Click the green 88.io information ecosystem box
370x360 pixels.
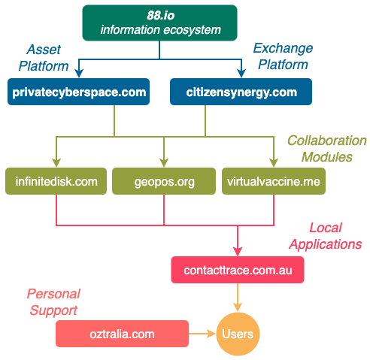(159, 23)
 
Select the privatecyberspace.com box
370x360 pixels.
(79, 92)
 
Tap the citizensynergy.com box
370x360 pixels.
(241, 92)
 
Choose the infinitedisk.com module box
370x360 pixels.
(56, 181)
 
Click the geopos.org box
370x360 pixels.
(164, 181)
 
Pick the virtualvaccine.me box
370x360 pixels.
(274, 181)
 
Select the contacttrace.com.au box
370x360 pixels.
(238, 270)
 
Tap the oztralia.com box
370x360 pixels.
(122, 334)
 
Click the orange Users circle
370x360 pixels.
(238, 334)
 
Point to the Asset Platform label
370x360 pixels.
(44, 58)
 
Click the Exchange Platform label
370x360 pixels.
(283, 56)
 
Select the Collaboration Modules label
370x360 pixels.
(327, 149)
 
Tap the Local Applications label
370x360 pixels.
(326, 236)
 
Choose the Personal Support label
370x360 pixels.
(53, 302)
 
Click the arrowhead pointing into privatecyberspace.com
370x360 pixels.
(79, 73)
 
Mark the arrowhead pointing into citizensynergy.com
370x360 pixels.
(241, 73)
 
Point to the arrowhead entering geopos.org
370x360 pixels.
(164, 162)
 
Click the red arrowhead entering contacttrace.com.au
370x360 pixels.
(238, 251)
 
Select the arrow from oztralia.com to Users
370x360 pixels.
(202, 334)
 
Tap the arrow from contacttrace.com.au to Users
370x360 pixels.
(238, 298)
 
